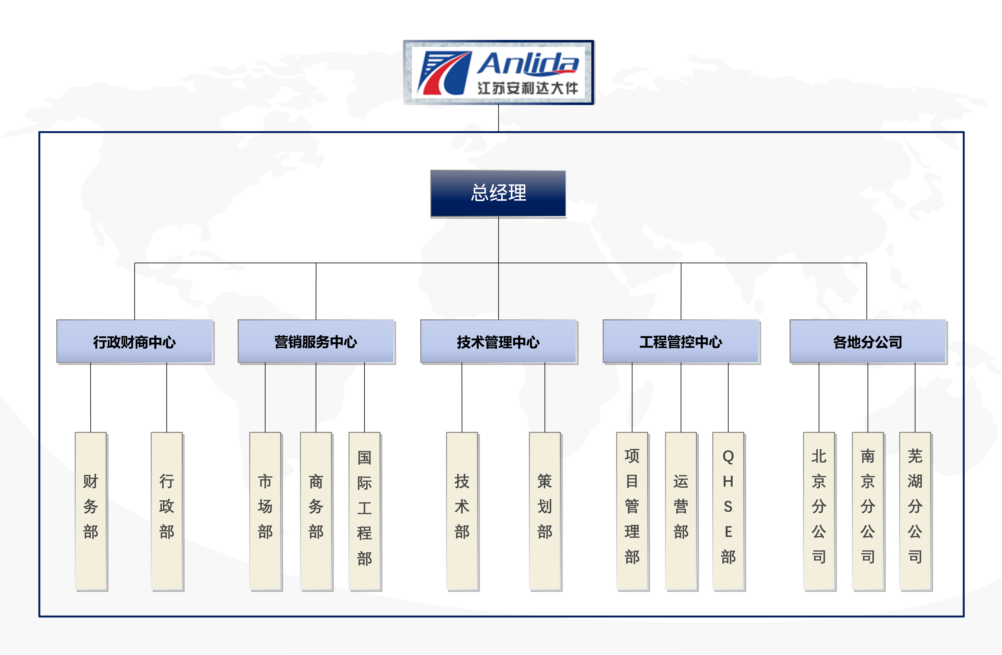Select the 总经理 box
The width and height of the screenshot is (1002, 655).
point(498,193)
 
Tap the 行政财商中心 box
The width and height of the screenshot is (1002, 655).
point(135,341)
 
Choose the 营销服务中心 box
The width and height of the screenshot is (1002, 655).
point(316,341)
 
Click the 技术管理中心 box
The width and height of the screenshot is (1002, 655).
point(498,341)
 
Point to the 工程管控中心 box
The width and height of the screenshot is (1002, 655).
point(681,341)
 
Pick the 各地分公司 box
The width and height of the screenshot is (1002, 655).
point(868,341)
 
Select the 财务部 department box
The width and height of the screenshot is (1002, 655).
point(91,511)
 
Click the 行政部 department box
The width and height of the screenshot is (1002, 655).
point(167,511)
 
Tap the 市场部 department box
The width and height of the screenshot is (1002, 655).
point(265,511)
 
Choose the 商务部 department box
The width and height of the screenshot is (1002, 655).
point(316,511)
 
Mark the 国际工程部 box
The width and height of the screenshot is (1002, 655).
point(365,511)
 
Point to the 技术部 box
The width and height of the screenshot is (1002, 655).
point(462,511)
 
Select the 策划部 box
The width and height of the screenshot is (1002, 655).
point(545,511)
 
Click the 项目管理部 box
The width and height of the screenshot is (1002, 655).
point(632,511)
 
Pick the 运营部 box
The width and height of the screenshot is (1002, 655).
point(681,511)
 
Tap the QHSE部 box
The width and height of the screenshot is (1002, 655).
point(728,511)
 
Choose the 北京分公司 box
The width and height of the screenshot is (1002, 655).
point(819,511)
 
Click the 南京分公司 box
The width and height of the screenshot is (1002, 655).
point(868,511)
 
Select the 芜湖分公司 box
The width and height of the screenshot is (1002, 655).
point(915,511)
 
